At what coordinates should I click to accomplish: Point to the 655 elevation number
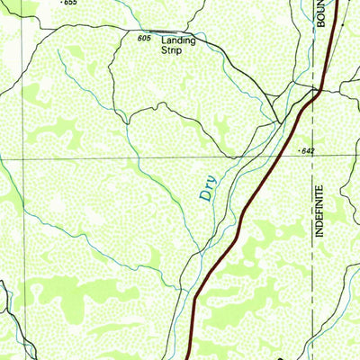[x=70, y=4]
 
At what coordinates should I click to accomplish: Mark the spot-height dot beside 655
[x=60, y=3]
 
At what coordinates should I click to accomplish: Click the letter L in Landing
[x=165, y=40]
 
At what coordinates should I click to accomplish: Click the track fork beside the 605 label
[x=155, y=36]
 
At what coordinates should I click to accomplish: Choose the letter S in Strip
[x=165, y=51]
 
